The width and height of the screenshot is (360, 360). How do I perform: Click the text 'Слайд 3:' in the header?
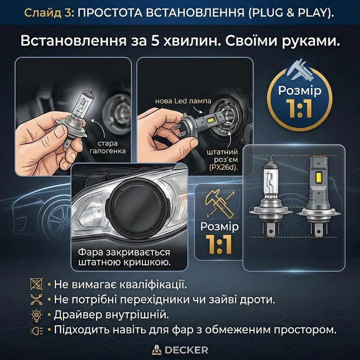(x=49, y=13)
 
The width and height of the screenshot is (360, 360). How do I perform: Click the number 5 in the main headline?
(x=155, y=41)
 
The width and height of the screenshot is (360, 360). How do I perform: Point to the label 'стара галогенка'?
(x=107, y=147)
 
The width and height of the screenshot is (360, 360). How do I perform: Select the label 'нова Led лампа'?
(x=183, y=101)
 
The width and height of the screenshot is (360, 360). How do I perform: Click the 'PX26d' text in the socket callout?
(x=223, y=167)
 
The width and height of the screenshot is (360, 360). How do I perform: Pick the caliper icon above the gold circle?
(x=299, y=70)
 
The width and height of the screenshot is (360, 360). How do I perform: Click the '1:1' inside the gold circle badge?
(x=299, y=108)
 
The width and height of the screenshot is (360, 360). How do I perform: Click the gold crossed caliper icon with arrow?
(x=220, y=203)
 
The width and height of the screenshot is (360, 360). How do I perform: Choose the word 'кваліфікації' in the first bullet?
(x=153, y=285)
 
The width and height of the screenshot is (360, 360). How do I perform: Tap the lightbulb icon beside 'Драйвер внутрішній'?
(x=37, y=315)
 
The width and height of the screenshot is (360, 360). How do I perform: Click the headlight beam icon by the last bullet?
(x=37, y=331)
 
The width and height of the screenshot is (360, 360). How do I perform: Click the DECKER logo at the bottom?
(x=180, y=350)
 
